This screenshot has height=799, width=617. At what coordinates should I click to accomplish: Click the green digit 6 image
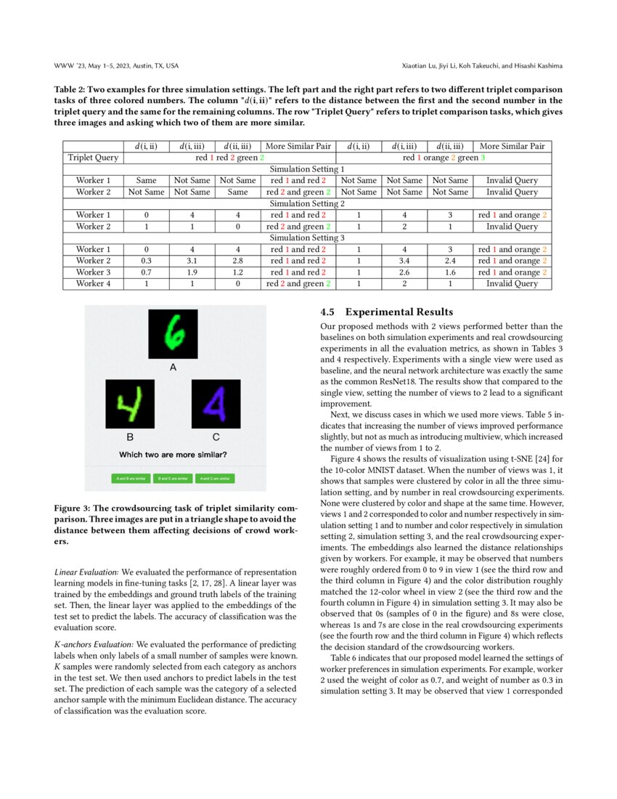pyautogui.click(x=173, y=334)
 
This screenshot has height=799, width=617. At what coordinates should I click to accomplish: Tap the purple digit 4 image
pyautogui.click(x=216, y=403)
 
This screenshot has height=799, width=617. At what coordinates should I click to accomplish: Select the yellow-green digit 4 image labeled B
pyautogui.click(x=130, y=403)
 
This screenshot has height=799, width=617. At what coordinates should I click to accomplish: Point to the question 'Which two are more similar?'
pyautogui.click(x=173, y=455)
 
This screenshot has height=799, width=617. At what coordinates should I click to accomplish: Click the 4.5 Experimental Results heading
pyautogui.click(x=387, y=312)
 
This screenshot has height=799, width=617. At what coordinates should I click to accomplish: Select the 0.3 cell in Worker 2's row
pyautogui.click(x=146, y=261)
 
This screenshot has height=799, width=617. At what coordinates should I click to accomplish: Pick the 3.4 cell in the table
pyautogui.click(x=404, y=261)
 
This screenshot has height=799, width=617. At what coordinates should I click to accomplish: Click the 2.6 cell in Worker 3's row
pyautogui.click(x=404, y=272)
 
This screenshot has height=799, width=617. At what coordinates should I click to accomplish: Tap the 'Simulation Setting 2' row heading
pyautogui.click(x=307, y=203)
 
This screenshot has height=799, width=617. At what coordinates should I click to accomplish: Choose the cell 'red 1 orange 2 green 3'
pyautogui.click(x=444, y=158)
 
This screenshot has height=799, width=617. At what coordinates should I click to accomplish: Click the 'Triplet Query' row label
pyautogui.click(x=93, y=158)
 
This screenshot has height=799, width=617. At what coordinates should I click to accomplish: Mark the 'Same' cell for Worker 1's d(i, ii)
pyautogui.click(x=146, y=180)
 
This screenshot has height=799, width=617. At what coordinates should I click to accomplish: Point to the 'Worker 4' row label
pyautogui.click(x=93, y=283)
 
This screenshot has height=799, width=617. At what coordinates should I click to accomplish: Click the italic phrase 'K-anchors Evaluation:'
pyautogui.click(x=94, y=644)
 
